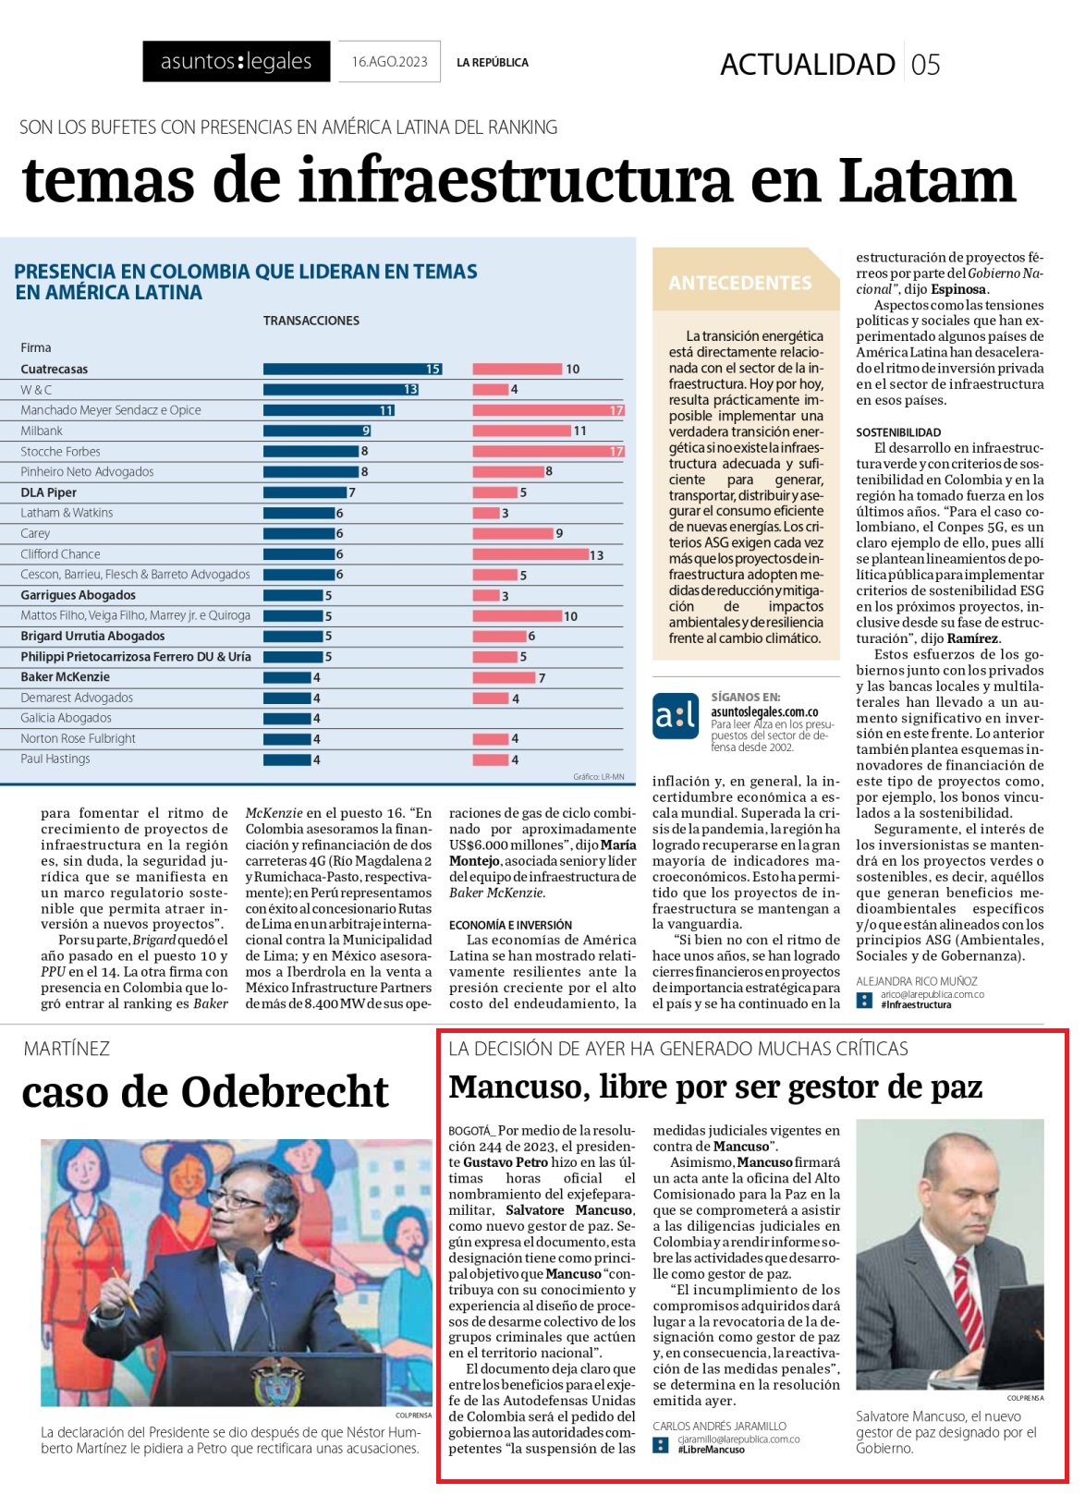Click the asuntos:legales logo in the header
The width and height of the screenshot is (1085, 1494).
[x=237, y=61]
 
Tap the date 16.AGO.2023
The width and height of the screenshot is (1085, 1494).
[x=390, y=62]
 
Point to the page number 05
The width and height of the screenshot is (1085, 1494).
[x=925, y=65]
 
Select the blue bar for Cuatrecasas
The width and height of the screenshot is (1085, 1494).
[x=352, y=369]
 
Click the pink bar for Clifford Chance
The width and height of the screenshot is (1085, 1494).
[x=530, y=554]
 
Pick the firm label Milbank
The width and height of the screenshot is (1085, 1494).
[x=42, y=431]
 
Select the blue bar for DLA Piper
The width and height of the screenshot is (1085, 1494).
[x=305, y=492]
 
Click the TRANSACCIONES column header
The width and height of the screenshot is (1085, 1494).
[x=311, y=321]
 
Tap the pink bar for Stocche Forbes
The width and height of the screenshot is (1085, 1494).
[x=548, y=452]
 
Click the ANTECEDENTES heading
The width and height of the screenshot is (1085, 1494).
[x=740, y=283]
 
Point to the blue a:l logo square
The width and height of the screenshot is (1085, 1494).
[x=676, y=716]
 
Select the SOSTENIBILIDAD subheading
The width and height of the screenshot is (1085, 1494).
[x=898, y=432]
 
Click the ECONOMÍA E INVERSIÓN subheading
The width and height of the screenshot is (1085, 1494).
[x=510, y=925]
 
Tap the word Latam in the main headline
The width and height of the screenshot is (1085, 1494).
[x=927, y=181]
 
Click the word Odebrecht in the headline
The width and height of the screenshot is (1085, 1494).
[x=285, y=1092]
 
